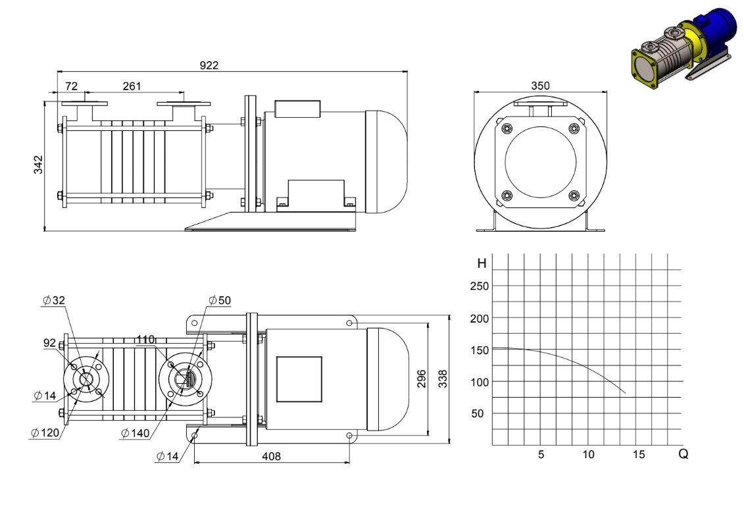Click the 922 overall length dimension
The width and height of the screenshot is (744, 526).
pos(209,65)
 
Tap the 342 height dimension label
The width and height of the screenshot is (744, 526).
pos(38,165)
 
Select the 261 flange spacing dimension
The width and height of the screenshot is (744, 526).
pos(132,86)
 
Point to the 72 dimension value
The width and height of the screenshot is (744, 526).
pos(71,86)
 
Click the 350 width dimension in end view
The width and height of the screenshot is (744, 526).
pos(541,86)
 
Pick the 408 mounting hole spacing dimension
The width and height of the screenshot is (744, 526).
pos(272,456)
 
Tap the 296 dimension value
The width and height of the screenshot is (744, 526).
pos(422,379)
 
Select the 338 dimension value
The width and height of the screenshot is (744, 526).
pos(443,379)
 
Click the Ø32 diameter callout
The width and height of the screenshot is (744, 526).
pos(54,300)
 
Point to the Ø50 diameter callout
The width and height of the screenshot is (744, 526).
pos(220,300)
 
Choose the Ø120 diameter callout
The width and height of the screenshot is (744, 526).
pos(45,433)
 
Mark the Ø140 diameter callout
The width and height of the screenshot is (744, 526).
pos(136,433)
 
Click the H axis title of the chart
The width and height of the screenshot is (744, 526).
pos(482,263)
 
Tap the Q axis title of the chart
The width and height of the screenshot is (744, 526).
pos(683,454)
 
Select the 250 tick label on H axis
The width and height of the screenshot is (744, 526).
pos(480,286)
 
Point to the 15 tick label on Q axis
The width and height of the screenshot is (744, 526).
pos(639,454)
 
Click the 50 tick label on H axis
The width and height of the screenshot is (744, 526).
pos(478,413)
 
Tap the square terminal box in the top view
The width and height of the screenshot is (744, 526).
pos(299,379)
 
